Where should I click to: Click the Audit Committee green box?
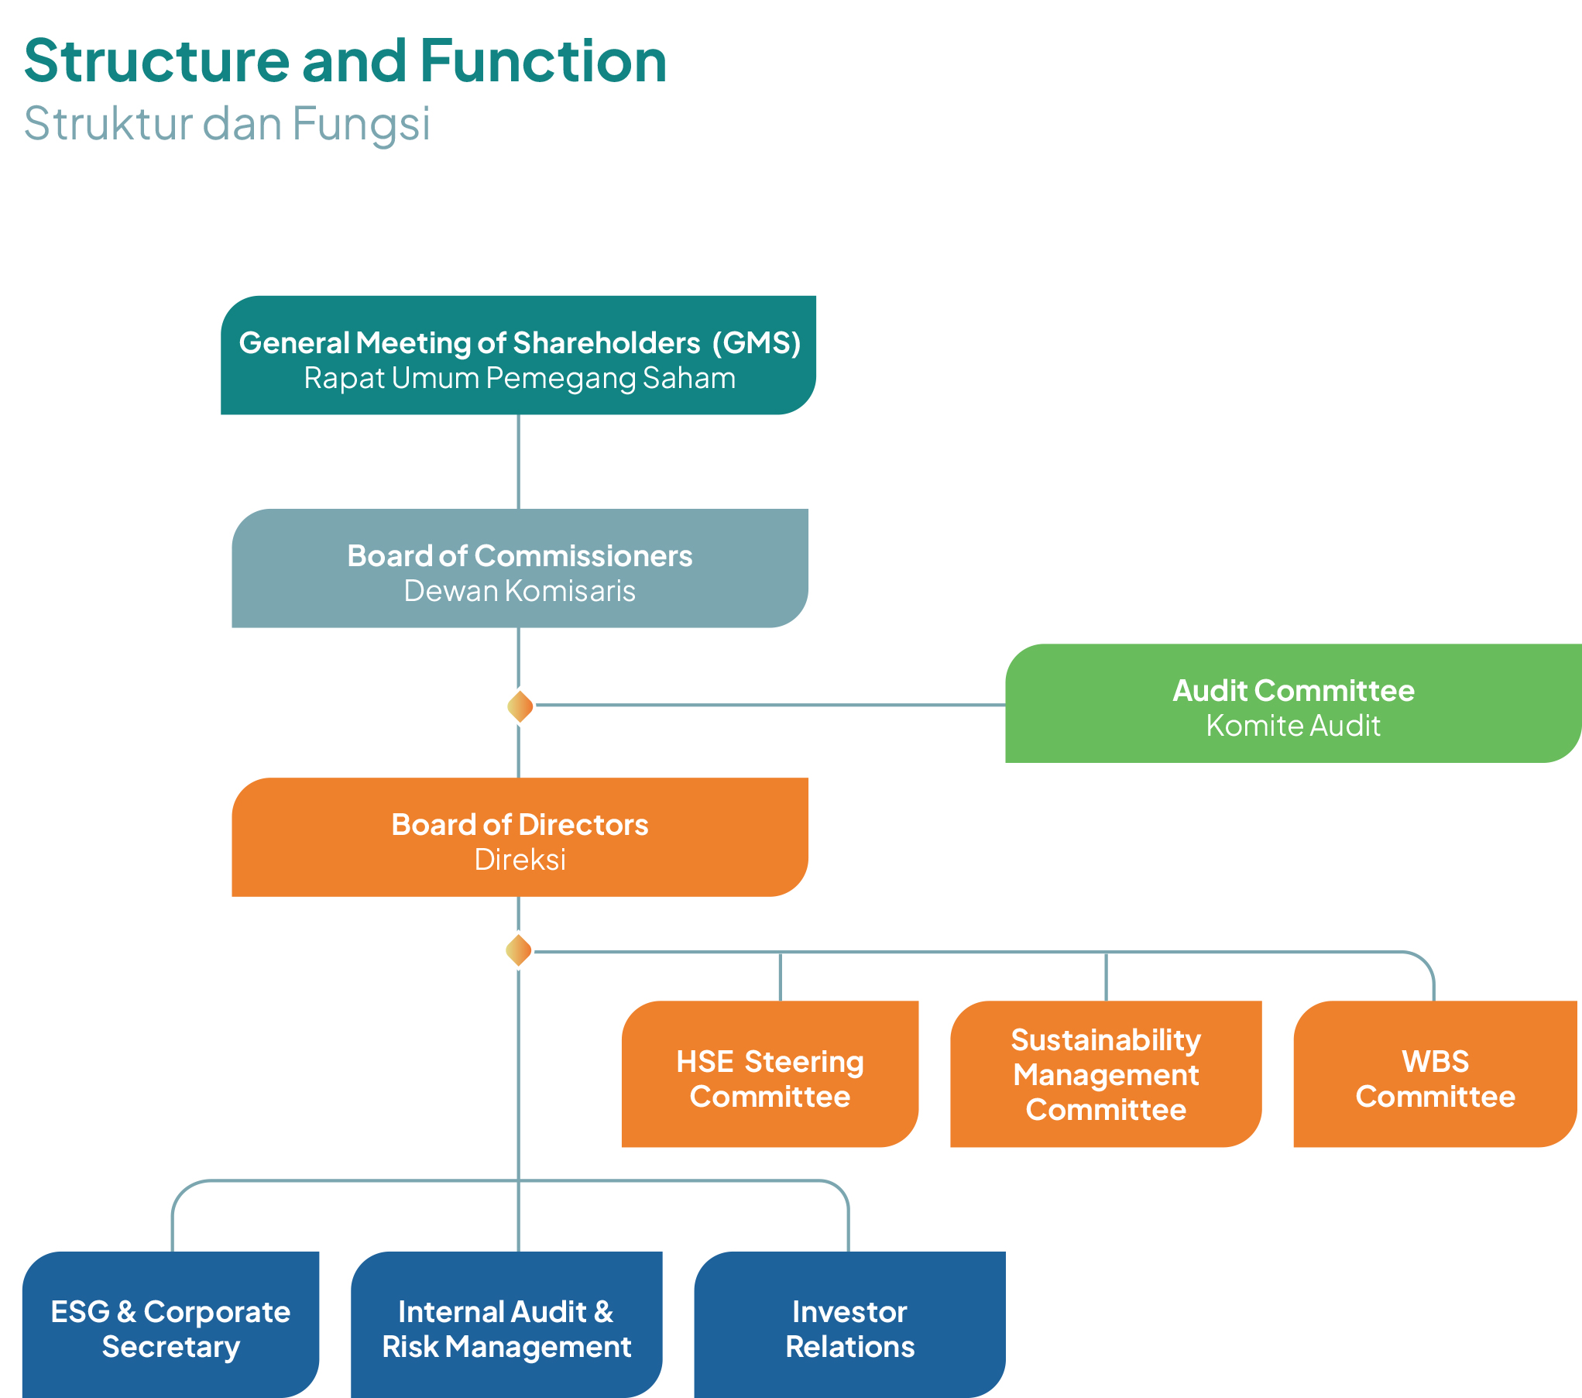coord(1292,703)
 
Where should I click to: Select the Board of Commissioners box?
coord(520,568)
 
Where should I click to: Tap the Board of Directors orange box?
coord(520,837)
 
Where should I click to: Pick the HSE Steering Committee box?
coord(770,1074)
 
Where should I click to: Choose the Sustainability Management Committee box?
coord(1106,1074)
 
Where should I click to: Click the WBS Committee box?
coord(1435,1074)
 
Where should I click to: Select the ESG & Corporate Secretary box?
coord(170,1325)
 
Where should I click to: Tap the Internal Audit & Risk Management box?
coord(506,1325)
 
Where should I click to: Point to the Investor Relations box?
coord(849,1325)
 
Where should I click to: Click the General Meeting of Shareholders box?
coord(518,356)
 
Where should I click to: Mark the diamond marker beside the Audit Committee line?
coord(520,706)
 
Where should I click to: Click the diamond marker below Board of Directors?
coord(518,950)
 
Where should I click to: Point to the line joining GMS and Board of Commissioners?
coord(518,462)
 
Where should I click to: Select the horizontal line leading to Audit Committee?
coord(770,705)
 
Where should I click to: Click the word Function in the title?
coord(543,61)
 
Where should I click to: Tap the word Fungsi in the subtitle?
coord(361,124)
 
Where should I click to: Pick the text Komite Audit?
coord(1292,726)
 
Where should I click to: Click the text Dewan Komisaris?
coord(520,591)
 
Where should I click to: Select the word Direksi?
coord(520,860)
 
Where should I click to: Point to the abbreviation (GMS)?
coord(757,343)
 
